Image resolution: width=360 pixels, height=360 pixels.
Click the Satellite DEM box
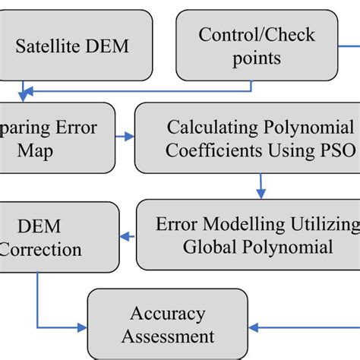72,46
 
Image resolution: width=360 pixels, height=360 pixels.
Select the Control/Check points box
257,46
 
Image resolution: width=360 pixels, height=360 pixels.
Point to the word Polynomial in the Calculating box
311,126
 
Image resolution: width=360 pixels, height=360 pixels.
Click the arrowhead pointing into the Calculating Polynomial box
129,137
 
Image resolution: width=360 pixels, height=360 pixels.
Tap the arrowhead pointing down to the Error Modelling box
261,193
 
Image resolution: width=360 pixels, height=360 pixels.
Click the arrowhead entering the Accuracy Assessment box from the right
252,328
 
